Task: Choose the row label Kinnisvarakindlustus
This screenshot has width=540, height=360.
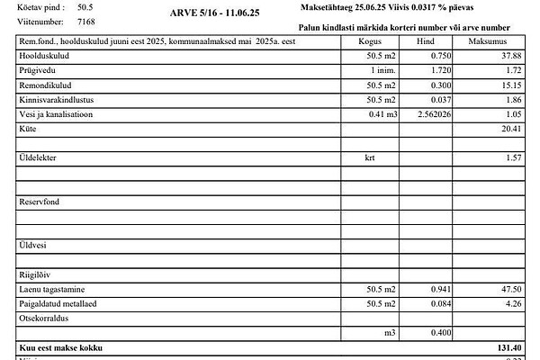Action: (x=56, y=100)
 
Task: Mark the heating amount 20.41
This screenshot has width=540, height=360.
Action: (x=510, y=130)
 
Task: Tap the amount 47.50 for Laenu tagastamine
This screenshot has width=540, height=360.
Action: (x=510, y=289)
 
